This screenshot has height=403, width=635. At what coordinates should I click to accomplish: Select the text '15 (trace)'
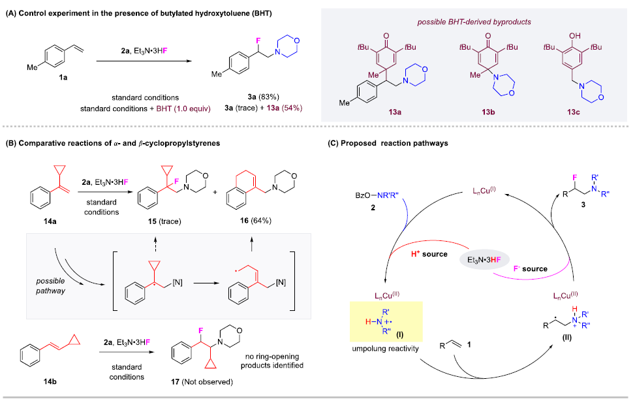coord(158,221)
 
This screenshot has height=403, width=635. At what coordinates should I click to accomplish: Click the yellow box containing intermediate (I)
coord(386,323)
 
